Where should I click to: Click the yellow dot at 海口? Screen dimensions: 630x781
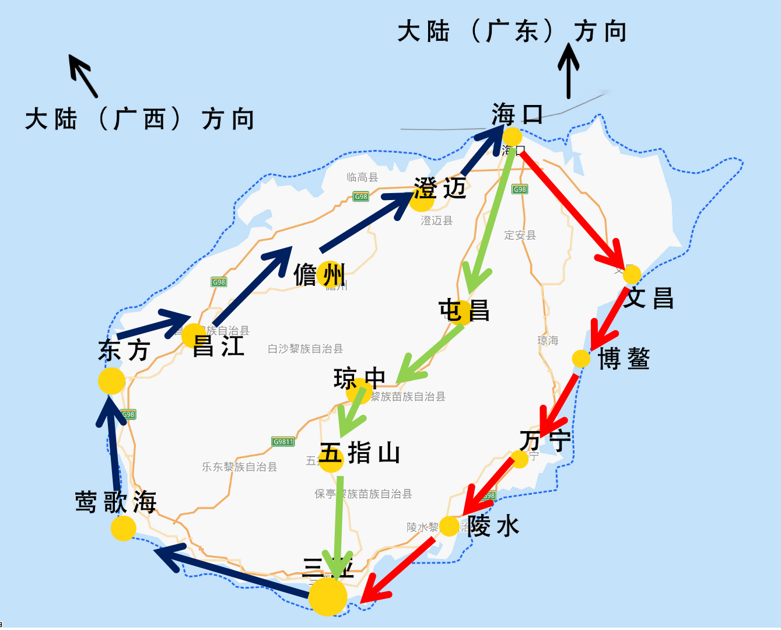tap(512, 137)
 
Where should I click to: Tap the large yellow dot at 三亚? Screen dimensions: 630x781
tap(327, 597)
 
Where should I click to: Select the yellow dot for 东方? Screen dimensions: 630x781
tap(111, 381)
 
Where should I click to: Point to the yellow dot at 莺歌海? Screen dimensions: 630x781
tap(123, 528)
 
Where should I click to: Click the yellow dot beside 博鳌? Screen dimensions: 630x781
tap(581, 359)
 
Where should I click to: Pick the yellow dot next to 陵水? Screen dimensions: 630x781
tap(449, 526)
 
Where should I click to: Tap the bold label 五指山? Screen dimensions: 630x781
tap(360, 453)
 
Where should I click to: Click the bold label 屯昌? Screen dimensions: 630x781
tap(464, 311)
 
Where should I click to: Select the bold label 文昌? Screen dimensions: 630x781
tap(649, 298)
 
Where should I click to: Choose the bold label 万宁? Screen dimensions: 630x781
tap(545, 440)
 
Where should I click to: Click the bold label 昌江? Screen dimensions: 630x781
tap(218, 346)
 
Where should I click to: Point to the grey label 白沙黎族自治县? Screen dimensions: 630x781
tap(305, 349)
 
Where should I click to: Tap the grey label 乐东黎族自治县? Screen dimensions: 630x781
tap(239, 467)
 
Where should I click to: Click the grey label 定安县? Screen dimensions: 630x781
tap(520, 235)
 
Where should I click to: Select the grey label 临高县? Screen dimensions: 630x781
tap(362, 177)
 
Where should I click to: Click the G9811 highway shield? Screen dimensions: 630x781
tap(283, 442)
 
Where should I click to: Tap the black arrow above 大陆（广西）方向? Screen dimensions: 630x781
tap(83, 76)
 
